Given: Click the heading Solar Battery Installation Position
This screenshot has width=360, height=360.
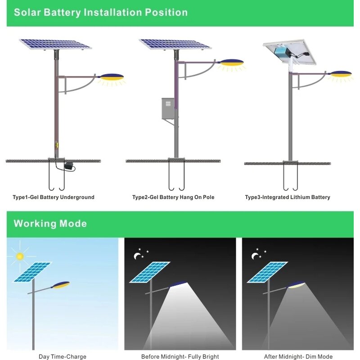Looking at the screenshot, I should pyautogui.click(x=100, y=12).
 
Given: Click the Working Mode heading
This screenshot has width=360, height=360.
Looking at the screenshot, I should pyautogui.click(x=50, y=224).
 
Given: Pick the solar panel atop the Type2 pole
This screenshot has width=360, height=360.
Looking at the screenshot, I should pyautogui.click(x=175, y=44).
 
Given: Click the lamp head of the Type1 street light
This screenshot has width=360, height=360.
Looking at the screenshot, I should pyautogui.click(x=112, y=77).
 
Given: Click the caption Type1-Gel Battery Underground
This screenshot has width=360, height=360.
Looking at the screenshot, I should pyautogui.click(x=54, y=197).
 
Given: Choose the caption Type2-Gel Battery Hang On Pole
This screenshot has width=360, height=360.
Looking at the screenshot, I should pyautogui.click(x=173, y=197).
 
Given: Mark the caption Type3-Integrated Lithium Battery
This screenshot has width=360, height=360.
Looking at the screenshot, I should pyautogui.click(x=288, y=197).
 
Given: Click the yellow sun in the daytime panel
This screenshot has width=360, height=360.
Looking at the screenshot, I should pyautogui.click(x=19, y=256).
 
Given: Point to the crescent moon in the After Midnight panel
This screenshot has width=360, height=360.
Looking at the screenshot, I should pyautogui.click(x=256, y=256).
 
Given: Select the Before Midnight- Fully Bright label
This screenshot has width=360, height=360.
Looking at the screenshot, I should pyautogui.click(x=180, y=356).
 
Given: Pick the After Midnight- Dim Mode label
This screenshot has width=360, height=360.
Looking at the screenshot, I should pyautogui.click(x=298, y=356).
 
